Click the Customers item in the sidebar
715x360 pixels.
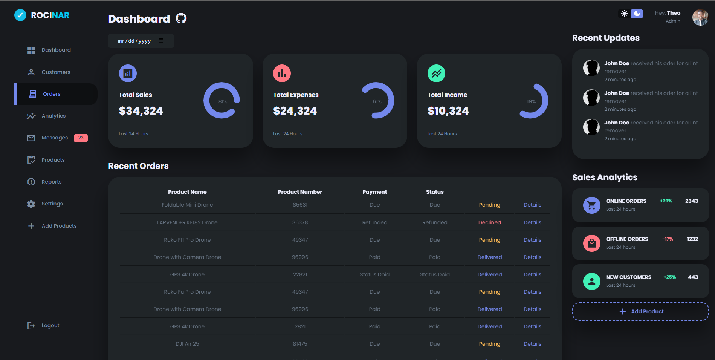coord(55,72)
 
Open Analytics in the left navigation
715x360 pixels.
coord(53,116)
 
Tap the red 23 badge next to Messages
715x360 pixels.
coord(81,138)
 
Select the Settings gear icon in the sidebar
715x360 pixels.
coord(31,204)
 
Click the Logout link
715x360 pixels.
coord(50,325)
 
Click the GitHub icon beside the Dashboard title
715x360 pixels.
coord(181,18)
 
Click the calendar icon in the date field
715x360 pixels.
coord(161,41)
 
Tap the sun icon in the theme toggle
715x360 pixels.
coord(624,14)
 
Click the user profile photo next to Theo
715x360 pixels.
coord(700,17)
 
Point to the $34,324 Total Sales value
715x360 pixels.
coord(141,111)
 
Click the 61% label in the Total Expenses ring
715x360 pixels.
coord(377,101)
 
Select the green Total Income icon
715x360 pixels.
coord(436,74)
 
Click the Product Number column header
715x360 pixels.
coord(300,192)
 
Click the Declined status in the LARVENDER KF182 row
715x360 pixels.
coord(489,222)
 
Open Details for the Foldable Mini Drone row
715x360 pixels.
coord(532,205)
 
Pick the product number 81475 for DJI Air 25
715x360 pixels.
coord(300,344)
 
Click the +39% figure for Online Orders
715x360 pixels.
coord(666,201)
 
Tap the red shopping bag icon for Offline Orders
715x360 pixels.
coord(591,243)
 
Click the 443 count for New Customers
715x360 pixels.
coord(693,277)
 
